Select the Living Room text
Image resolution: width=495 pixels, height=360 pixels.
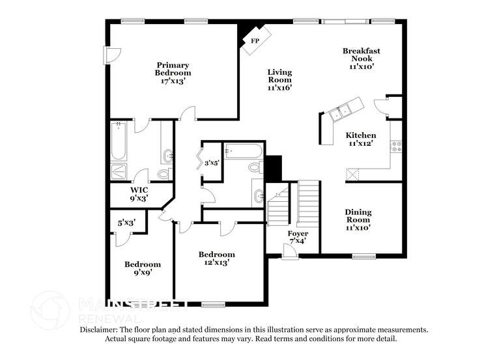280,80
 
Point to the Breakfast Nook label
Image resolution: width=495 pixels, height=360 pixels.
361,58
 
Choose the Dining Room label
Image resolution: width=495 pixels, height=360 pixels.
358,220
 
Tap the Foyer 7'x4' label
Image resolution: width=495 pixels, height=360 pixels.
298,237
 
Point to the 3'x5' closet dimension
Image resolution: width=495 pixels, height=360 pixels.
212,163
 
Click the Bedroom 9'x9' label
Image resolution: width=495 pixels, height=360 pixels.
143,269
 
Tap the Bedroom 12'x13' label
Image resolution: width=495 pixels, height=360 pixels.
216,258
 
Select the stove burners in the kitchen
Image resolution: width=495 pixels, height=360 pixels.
396,146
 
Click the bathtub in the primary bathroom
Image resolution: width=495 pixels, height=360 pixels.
119,142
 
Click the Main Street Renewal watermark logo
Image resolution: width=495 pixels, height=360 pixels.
51,311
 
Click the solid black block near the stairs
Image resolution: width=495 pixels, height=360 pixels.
273,168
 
